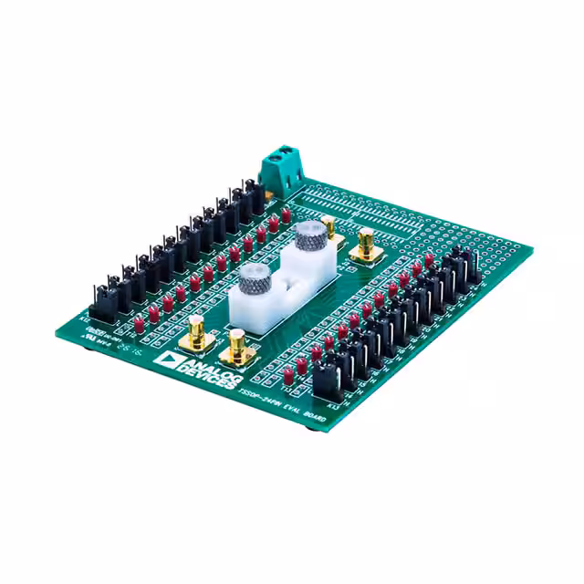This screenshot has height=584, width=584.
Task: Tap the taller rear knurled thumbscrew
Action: (x=308, y=239)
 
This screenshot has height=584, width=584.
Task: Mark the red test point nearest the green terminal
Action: (x=286, y=215)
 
